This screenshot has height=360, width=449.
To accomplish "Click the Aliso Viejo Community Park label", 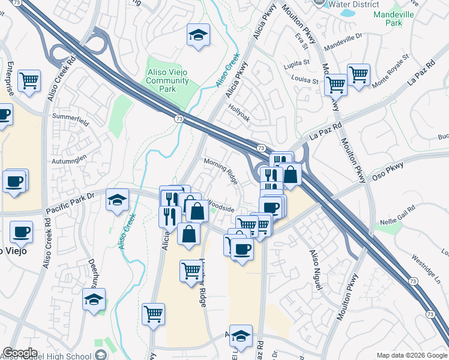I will (x=167, y=80).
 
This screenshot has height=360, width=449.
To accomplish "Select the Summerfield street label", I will (x=71, y=116).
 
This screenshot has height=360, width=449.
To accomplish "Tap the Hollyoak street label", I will (x=238, y=113).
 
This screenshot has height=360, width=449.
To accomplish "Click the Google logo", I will (x=20, y=353).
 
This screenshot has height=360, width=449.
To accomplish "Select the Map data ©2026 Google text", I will (x=412, y=355).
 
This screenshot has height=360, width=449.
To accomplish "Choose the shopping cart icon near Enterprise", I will (x=29, y=80).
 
